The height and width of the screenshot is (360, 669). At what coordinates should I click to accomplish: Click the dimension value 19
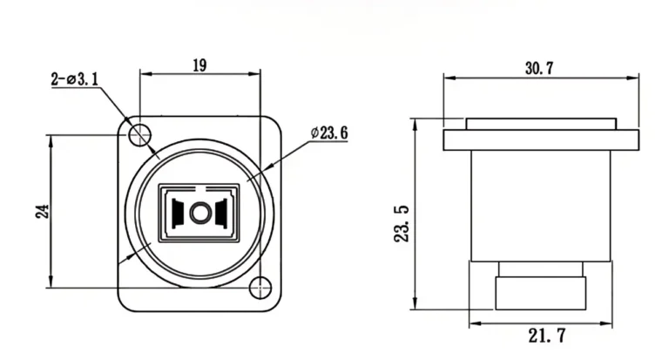pyautogui.click(x=199, y=65)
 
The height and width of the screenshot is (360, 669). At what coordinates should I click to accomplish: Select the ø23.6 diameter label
pyautogui.click(x=329, y=133)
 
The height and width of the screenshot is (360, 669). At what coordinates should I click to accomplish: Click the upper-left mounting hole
pyautogui.click(x=139, y=134)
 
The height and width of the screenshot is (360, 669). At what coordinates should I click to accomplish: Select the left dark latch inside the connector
pyautogui.click(x=178, y=212)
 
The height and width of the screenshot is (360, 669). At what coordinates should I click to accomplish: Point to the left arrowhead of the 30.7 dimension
pyautogui.click(x=448, y=78)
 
